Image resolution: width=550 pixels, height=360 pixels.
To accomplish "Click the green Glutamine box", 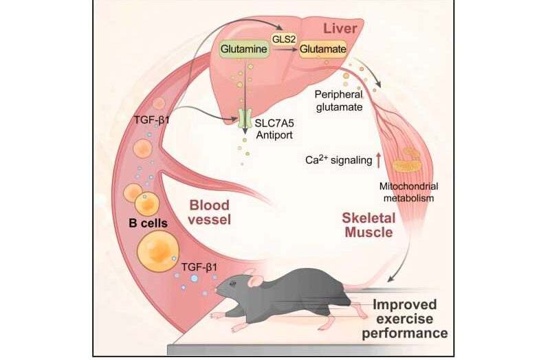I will tap(242, 50).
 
